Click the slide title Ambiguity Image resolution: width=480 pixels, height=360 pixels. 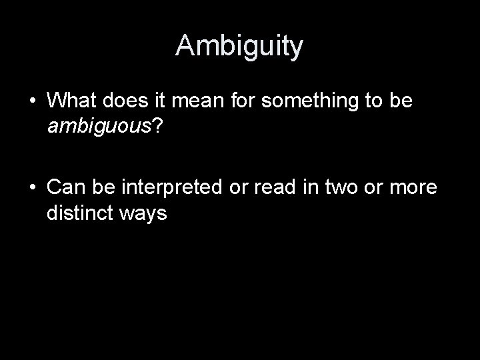click(240, 46)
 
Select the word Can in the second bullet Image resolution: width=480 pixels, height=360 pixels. click(65, 189)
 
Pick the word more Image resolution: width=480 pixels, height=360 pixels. click(413, 189)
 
